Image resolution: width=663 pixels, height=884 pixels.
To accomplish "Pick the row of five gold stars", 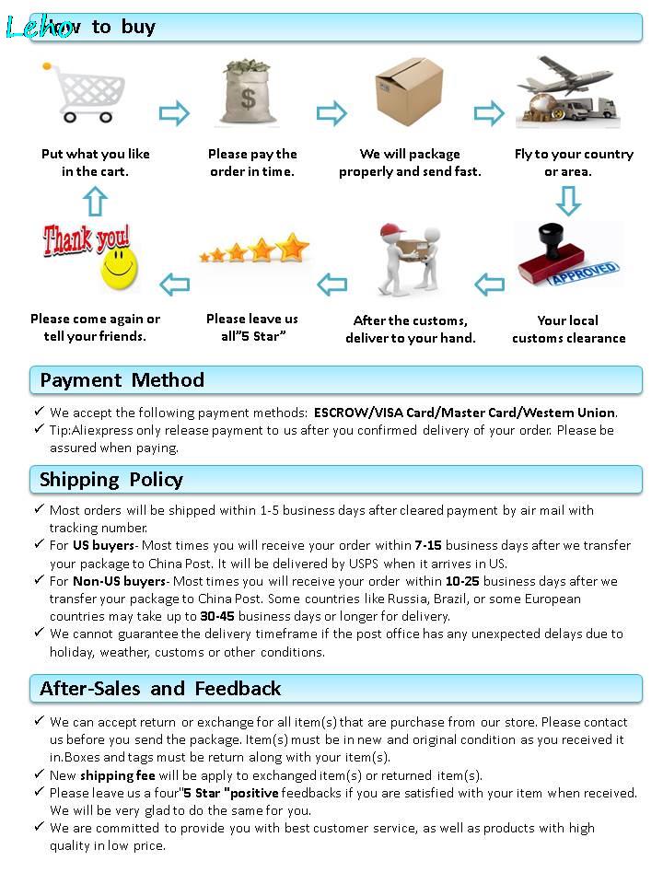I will point(255,250).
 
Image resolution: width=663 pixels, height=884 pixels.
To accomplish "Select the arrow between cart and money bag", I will point(174,113).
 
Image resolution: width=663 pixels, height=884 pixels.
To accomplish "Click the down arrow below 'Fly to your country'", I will point(567,200).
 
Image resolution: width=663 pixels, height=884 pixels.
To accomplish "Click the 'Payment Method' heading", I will point(122,380).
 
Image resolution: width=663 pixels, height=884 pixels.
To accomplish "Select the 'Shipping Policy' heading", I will point(111,480).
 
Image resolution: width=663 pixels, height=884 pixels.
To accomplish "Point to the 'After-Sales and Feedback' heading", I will point(160,689).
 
